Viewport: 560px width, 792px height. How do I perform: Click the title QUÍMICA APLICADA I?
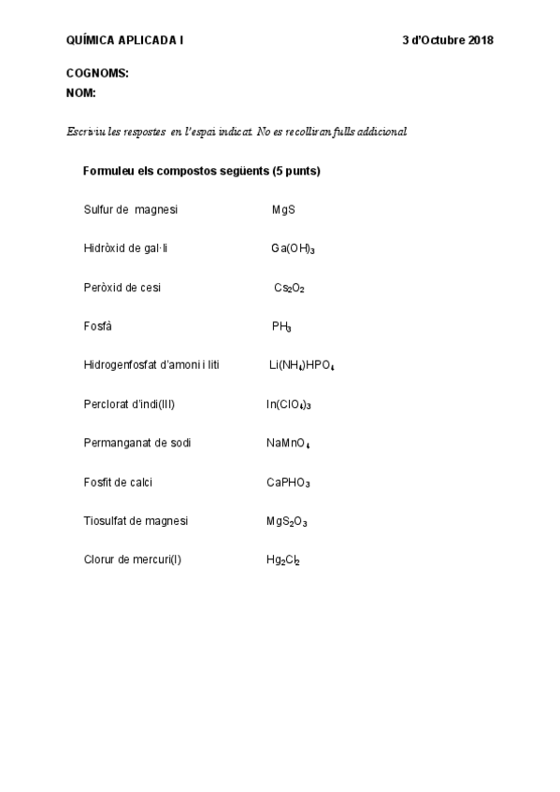[x=125, y=40]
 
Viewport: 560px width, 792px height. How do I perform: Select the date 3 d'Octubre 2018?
[x=448, y=40]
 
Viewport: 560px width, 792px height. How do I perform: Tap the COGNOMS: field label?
[x=97, y=73]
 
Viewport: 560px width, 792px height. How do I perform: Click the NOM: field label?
[x=81, y=93]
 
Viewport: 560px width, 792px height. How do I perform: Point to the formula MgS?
[x=283, y=210]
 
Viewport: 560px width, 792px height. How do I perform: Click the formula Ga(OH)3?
[x=293, y=249]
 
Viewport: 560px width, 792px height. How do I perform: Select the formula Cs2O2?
[x=289, y=288]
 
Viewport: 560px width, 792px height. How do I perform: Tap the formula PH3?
[x=281, y=327]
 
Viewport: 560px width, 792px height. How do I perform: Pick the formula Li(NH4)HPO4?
[x=301, y=365]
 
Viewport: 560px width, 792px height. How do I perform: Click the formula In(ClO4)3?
[x=288, y=404]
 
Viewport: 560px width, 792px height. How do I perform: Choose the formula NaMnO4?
[x=288, y=443]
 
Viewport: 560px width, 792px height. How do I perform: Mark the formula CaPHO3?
[x=288, y=483]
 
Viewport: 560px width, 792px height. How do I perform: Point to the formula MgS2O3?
[x=286, y=521]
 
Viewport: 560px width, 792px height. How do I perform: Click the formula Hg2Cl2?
[x=282, y=560]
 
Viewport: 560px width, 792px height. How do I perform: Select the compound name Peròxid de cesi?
[x=122, y=288]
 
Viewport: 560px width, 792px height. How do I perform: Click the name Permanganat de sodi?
[x=137, y=443]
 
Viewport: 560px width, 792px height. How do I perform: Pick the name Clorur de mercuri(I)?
[x=133, y=560]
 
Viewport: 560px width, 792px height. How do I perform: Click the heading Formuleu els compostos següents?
[x=202, y=172]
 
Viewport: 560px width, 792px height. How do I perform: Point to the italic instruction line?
[x=236, y=133]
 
